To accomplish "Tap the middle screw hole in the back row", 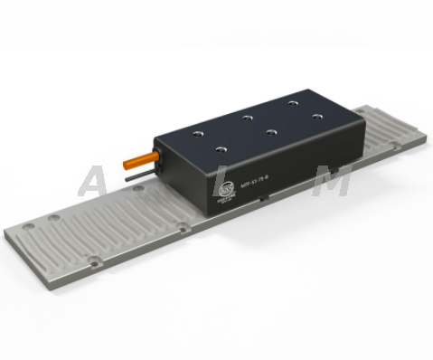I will click(245, 116).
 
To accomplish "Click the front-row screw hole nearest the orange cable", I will click(219, 147).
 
